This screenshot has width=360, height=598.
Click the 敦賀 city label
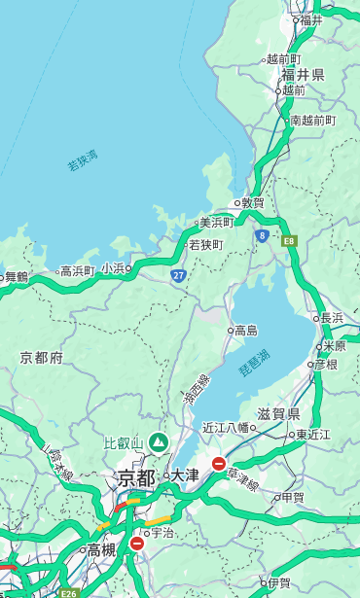(253, 203)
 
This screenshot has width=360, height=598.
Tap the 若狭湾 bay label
(83, 160)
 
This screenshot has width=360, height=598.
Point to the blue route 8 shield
(262, 235)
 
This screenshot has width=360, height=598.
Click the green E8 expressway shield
(289, 238)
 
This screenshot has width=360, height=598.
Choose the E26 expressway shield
(68, 592)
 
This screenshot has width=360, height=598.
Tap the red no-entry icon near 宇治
(136, 544)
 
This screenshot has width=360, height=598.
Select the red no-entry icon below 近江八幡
(219, 465)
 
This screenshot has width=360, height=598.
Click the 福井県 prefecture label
(303, 75)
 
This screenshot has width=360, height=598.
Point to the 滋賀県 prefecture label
(278, 414)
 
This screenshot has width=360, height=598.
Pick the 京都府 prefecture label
(41, 358)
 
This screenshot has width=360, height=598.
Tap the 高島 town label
(245, 331)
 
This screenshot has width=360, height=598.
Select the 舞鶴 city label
(17, 277)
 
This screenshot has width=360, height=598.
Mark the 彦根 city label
(325, 365)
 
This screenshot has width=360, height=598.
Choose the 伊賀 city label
(279, 584)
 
